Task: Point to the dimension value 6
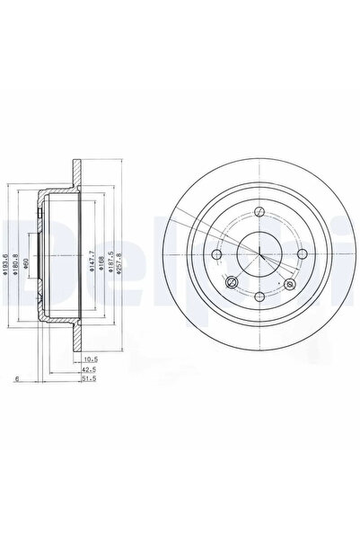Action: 17,379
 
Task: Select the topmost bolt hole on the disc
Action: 258,212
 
